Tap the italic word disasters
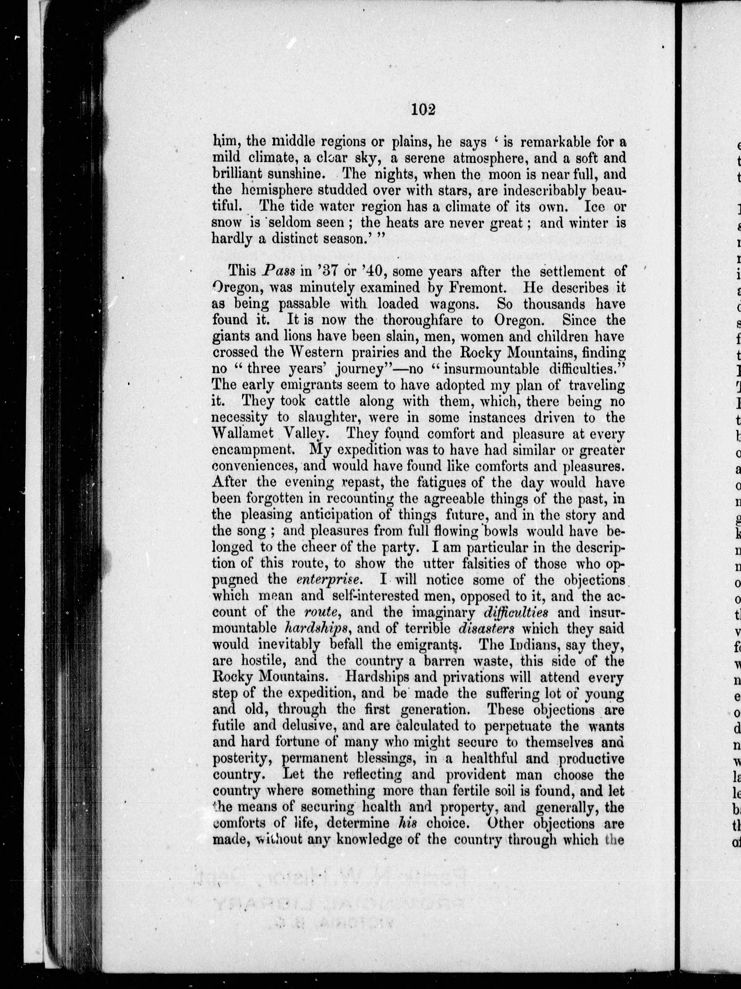[487, 628]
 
